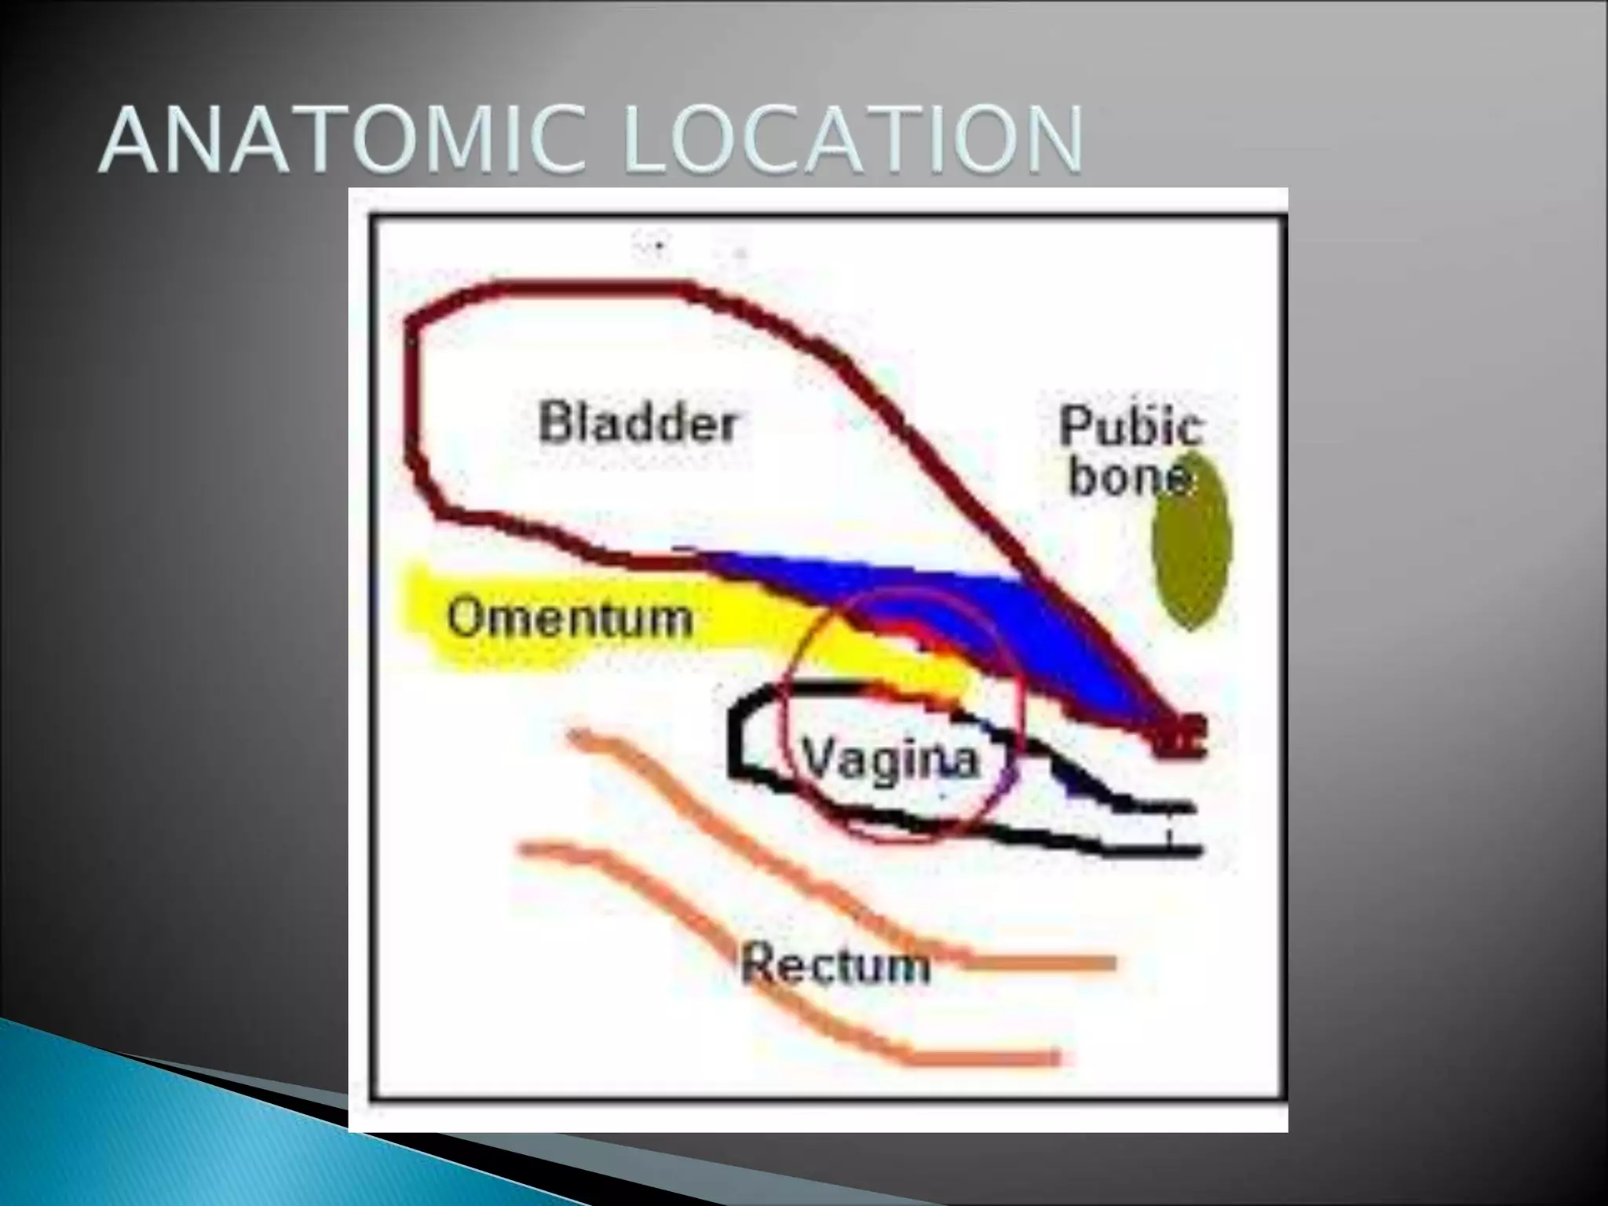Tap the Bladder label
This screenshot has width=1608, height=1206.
pos(638,422)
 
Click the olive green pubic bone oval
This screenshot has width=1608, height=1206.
pos(1192,542)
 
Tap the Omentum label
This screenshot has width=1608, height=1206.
pos(570,618)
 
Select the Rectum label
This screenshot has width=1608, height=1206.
pos(835,963)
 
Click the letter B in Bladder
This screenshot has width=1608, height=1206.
pos(556,422)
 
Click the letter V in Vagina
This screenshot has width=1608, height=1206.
pos(815,758)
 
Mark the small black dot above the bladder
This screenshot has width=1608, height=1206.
pos(660,246)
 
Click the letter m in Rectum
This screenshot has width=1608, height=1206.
pos(911,967)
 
